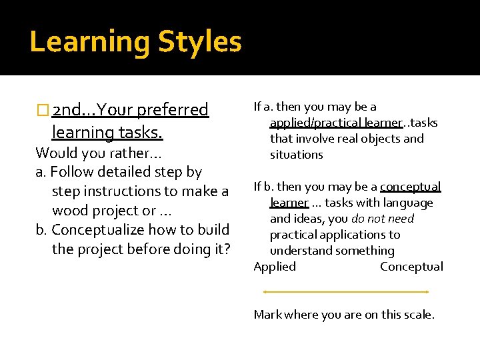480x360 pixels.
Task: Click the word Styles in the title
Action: click(199, 42)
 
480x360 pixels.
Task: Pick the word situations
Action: click(296, 155)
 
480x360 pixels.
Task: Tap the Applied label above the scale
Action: click(275, 267)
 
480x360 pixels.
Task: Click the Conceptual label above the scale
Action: click(411, 267)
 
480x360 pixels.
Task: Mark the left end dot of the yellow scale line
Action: click(265, 291)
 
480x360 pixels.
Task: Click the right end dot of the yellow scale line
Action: click(427, 291)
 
